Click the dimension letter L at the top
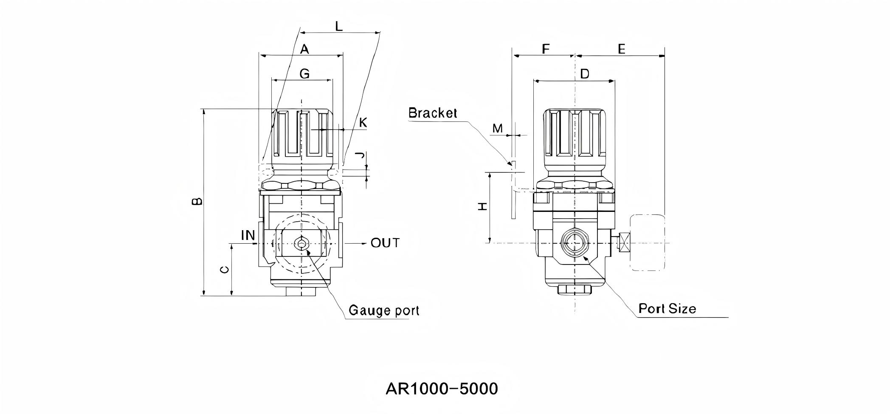click(x=338, y=27)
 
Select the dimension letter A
click(x=304, y=49)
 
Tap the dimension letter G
click(x=304, y=74)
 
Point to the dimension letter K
click(x=363, y=123)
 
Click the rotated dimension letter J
click(x=360, y=155)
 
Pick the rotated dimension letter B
click(x=197, y=201)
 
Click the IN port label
click(x=248, y=235)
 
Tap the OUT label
click(x=385, y=243)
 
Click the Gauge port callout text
click(x=383, y=310)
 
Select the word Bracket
click(x=433, y=113)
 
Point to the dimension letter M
click(x=497, y=128)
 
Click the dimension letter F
click(x=546, y=49)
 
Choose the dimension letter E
click(x=621, y=49)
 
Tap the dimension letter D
click(x=584, y=74)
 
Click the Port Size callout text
click(x=667, y=308)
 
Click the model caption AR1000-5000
click(x=442, y=389)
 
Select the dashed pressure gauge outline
click(x=648, y=242)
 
